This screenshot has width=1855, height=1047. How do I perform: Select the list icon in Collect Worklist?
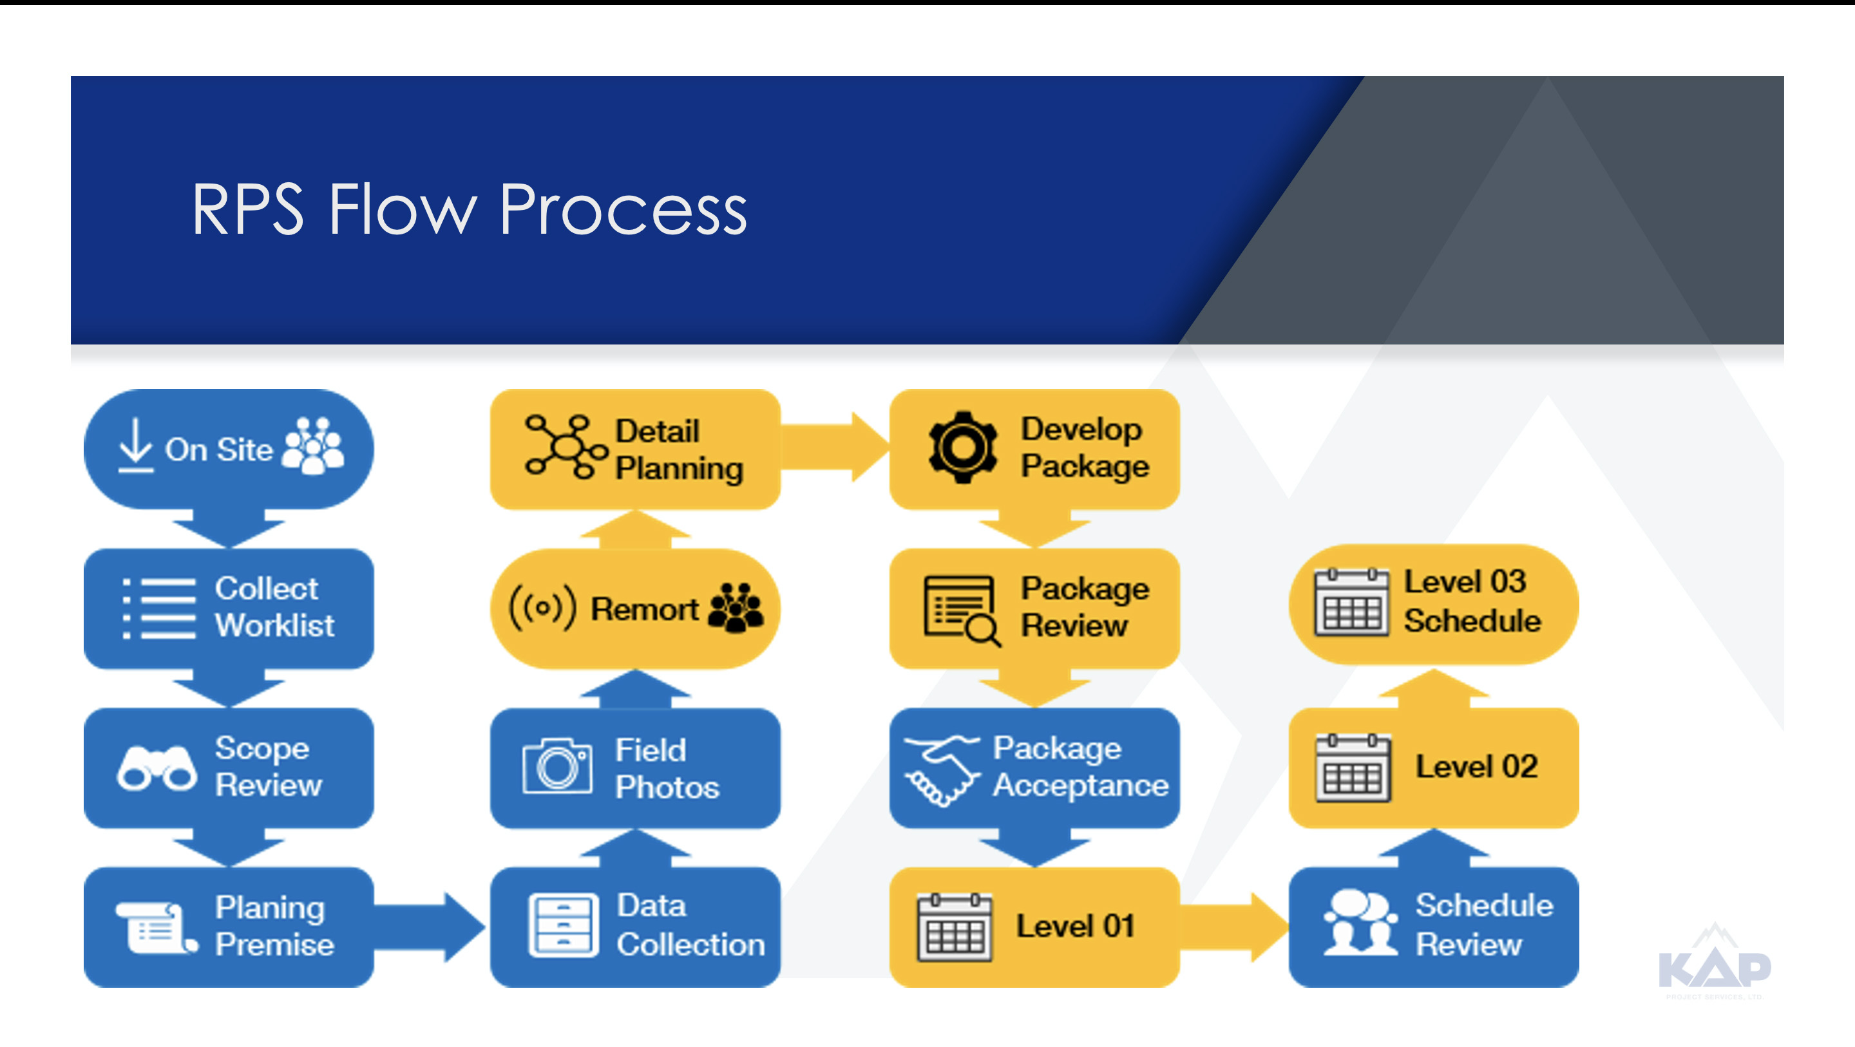pyautogui.click(x=159, y=608)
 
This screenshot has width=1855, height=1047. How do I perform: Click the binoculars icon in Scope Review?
pyautogui.click(x=157, y=769)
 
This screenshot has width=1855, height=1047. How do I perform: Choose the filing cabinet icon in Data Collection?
pyautogui.click(x=563, y=926)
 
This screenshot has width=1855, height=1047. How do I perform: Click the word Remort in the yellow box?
pyautogui.click(x=644, y=609)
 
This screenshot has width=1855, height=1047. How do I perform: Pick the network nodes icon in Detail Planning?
pyautogui.click(x=566, y=447)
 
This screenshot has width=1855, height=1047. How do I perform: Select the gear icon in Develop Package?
pyautogui.click(x=963, y=447)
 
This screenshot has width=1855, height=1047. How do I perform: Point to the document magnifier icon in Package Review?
pyautogui.click(x=962, y=610)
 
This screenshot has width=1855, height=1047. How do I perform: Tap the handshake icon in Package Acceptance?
pyautogui.click(x=942, y=769)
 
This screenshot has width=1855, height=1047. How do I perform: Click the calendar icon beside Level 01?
pyautogui.click(x=954, y=927)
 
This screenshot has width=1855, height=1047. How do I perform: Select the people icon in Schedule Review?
pyautogui.click(x=1360, y=923)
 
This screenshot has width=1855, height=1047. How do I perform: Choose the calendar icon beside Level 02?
pyautogui.click(x=1353, y=768)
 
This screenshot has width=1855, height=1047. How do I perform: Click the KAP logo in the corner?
pyautogui.click(x=1715, y=963)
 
